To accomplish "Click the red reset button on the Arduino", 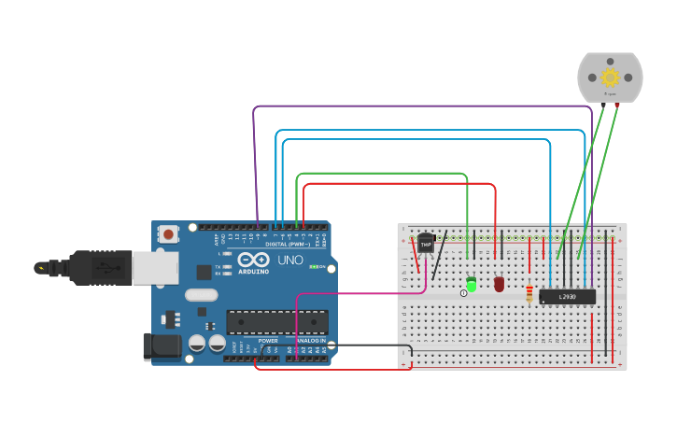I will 168,233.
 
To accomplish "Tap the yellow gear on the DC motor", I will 611,78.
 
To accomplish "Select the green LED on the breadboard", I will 471,283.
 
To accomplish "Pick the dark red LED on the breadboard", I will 499,283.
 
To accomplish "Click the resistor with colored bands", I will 530,294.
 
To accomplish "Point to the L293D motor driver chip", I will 567,297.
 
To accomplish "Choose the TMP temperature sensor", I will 426,244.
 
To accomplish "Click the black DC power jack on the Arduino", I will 160,346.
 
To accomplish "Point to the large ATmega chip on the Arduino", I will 276,322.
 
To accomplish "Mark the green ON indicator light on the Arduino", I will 315,267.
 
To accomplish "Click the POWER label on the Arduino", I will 268,341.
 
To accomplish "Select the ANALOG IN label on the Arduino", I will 311,341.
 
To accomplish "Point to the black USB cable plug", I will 93,267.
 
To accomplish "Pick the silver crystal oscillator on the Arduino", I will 200,295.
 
